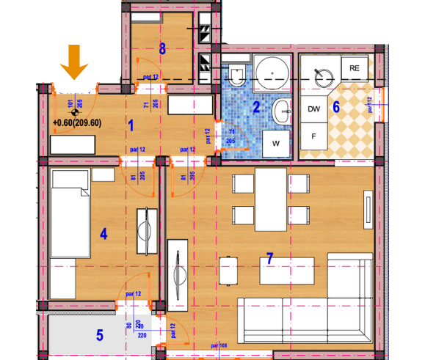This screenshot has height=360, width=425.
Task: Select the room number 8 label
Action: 163,50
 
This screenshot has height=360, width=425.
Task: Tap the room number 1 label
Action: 131,125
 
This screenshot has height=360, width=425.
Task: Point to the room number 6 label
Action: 336,106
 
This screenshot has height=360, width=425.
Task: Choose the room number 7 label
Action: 269,258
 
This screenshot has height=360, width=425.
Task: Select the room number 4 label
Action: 103,234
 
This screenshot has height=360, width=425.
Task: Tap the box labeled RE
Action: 355,68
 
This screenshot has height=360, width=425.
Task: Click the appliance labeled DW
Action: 314,109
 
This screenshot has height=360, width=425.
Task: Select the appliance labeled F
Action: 314,136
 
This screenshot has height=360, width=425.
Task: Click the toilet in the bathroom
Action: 236,76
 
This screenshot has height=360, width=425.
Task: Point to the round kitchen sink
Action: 322,75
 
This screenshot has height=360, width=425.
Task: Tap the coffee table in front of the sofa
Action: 287,271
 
